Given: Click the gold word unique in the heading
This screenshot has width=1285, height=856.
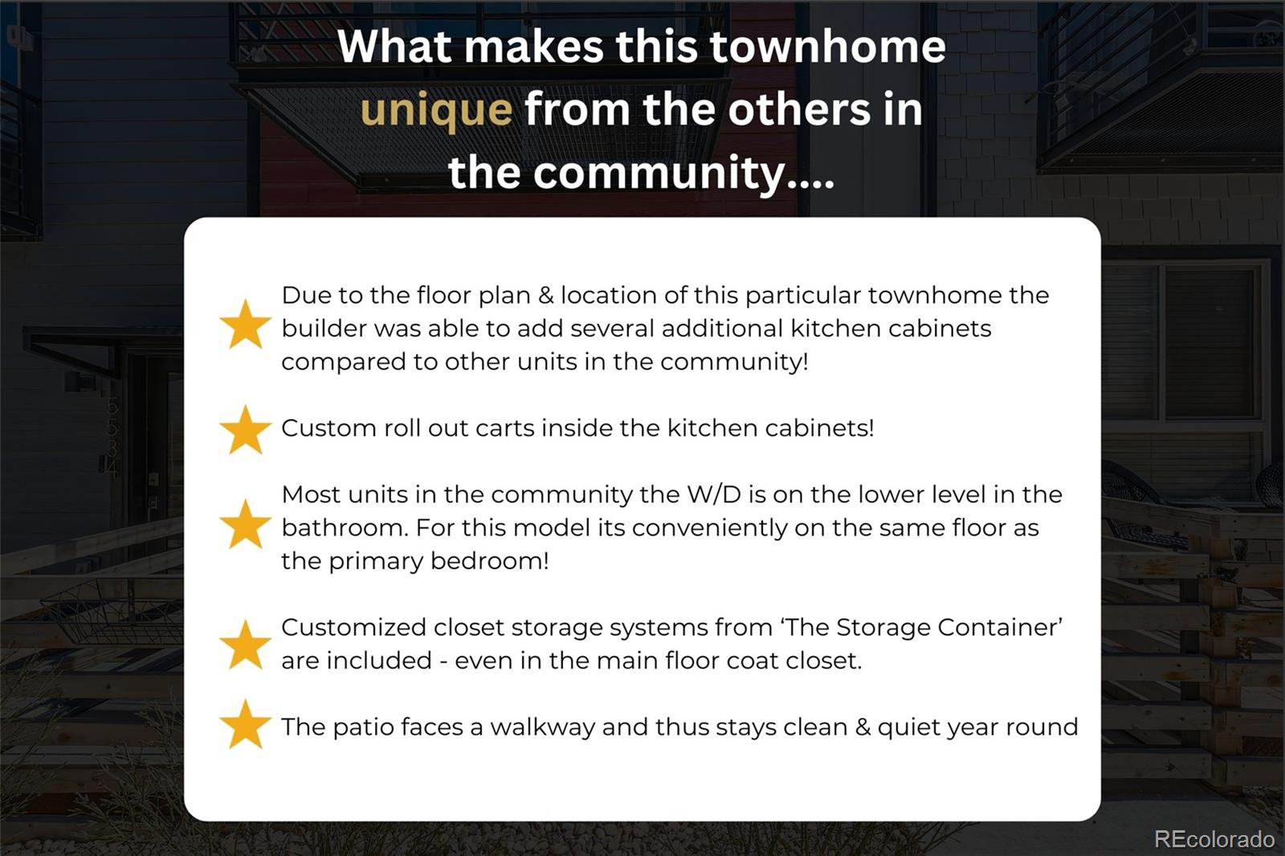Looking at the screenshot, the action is pos(436,110).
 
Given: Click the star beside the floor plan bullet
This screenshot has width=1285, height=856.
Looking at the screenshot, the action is pos(246,324).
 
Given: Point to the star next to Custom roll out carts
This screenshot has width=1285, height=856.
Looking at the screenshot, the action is pos(246,430).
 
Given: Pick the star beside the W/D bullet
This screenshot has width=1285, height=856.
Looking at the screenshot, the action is pos(246,524).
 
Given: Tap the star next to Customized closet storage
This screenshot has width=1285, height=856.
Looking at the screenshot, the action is pos(246,644).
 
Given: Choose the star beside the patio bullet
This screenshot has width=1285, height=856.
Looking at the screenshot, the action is pos(246,724).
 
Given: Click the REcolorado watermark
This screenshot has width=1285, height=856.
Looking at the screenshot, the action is pos(1214,839).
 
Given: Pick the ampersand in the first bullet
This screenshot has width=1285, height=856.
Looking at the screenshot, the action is pos(545,296).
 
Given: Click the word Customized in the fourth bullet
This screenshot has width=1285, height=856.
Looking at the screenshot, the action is pos(353,627).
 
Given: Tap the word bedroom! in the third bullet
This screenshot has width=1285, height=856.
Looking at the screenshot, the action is pos(489,560).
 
